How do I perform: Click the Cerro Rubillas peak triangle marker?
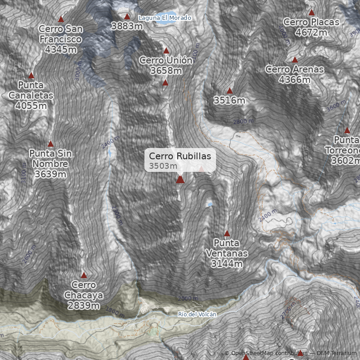click(x=180, y=179)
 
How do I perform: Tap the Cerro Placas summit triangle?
click(x=311, y=13)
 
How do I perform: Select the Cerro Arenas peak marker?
click(x=295, y=60)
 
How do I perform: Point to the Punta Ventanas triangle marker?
click(x=227, y=234)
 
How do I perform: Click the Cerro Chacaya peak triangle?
click(x=84, y=275)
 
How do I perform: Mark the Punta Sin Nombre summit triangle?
click(x=50, y=144)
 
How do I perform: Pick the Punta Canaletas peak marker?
click(x=31, y=76)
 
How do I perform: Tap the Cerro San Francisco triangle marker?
click(x=61, y=19)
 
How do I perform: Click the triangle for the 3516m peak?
click(x=229, y=91)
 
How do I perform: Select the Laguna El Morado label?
click(x=165, y=18)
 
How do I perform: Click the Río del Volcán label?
click(x=197, y=314)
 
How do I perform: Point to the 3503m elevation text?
click(x=163, y=166)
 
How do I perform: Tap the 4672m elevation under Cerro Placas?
click(x=311, y=32)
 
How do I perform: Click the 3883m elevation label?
click(x=127, y=26)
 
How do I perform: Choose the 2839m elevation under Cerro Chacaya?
click(x=84, y=306)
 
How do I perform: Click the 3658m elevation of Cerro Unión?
click(x=166, y=71)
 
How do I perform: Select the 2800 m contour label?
click(x=243, y=121)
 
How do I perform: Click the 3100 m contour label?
click(x=24, y=173)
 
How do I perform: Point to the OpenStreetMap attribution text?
click(x=265, y=353)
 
